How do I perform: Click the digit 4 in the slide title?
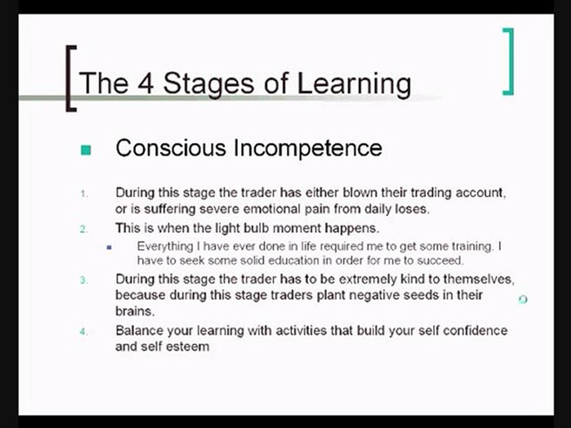click(x=146, y=83)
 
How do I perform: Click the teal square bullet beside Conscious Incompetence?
click(x=86, y=150)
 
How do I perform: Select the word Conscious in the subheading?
click(x=171, y=148)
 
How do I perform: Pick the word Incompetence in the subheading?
click(x=308, y=148)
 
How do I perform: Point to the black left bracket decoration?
click(x=71, y=78)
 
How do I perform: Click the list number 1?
click(x=84, y=194)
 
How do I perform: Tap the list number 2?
click(x=84, y=229)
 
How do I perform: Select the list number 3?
click(x=84, y=280)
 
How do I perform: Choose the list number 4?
click(x=84, y=332)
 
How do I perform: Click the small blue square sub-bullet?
click(x=109, y=247)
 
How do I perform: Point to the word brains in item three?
click(x=133, y=311)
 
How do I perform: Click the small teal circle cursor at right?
click(x=523, y=299)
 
